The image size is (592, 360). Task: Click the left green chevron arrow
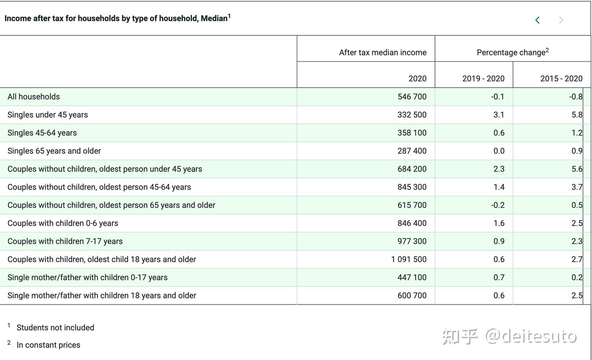point(537,20)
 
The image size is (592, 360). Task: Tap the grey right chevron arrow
point(561,20)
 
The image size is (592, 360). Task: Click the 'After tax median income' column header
point(382,53)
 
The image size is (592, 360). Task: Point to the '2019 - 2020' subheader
point(483,79)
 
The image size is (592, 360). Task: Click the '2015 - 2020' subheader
point(561,79)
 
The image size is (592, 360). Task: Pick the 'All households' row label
point(34,97)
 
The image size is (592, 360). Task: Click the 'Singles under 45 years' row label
point(48,115)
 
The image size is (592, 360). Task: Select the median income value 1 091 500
point(409,260)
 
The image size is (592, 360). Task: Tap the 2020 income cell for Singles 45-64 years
point(412,133)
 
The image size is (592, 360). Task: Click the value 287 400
point(412,151)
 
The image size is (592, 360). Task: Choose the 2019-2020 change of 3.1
point(499,115)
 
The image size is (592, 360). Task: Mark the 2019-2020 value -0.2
point(497,205)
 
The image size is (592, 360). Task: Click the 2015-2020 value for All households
point(576,97)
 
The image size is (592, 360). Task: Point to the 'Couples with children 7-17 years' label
point(65,242)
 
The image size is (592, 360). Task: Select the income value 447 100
point(412,278)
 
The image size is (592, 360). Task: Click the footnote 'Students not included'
point(55,328)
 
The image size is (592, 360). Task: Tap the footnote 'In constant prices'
point(49,345)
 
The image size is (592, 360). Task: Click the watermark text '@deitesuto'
point(531,337)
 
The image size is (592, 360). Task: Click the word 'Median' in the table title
point(214,19)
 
